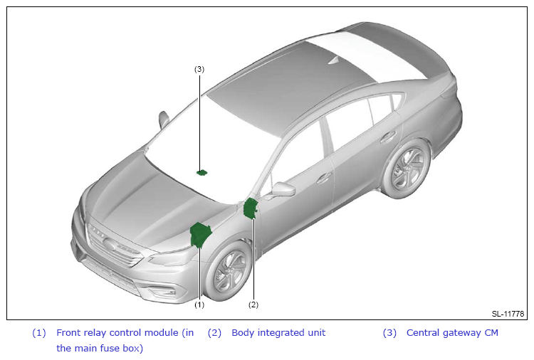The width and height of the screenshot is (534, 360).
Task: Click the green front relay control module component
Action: pos(201,234)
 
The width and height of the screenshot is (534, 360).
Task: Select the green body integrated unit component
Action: pos(250,208)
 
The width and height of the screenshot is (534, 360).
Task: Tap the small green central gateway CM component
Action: pos(202,172)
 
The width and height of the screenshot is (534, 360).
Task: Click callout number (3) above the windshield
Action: pos(199,69)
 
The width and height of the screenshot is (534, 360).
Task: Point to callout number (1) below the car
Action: pos(199,305)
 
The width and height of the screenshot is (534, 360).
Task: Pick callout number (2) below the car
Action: pos(253,305)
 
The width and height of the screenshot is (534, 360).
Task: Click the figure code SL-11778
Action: pos(508,314)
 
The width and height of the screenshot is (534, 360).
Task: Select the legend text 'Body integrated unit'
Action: pos(278,332)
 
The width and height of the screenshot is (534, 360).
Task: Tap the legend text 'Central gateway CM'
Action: pos(452,332)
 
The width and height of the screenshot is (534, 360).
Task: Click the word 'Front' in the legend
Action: pos(69,332)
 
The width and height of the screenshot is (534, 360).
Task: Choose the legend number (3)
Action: pos(389,332)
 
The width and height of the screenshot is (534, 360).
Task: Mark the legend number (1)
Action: pos(39,332)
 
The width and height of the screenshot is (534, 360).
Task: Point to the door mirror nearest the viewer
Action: pos(283,190)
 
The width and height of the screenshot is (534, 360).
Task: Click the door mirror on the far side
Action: pos(164,118)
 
